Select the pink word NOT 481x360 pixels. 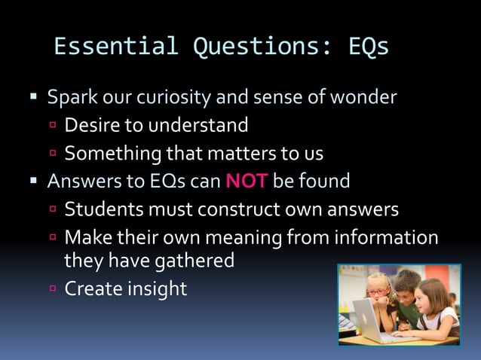(x=247, y=182)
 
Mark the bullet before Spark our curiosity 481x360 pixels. (x=33, y=98)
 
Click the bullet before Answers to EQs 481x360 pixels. (x=33, y=182)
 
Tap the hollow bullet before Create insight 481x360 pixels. (x=54, y=288)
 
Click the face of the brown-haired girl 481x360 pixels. (x=430, y=297)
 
